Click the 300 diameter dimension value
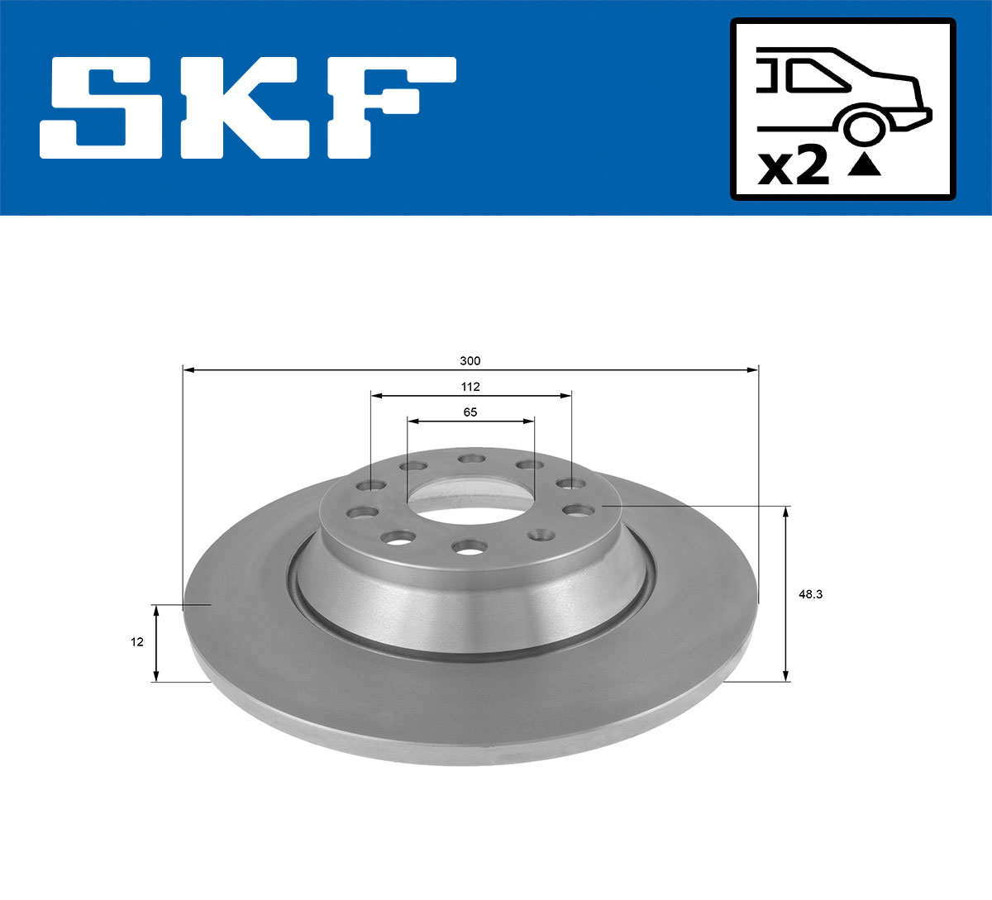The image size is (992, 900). (x=470, y=361)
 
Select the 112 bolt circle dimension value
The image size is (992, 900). (x=470, y=387)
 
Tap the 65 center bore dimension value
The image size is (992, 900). (x=470, y=412)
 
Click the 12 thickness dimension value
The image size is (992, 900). (x=137, y=642)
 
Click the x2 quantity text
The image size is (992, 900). (x=794, y=167)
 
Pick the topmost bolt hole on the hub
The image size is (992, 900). (x=470, y=458)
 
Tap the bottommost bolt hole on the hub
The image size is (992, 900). (x=470, y=545)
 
